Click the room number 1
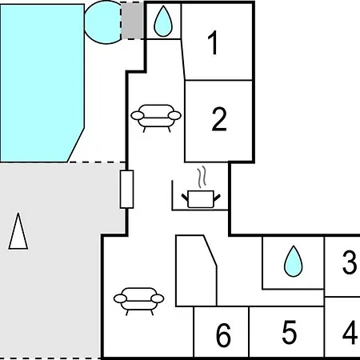[x=213, y=42]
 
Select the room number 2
[x=219, y=119]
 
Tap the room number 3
[x=350, y=262]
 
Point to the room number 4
[x=350, y=332]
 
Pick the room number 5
[x=290, y=332]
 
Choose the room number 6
[x=223, y=335]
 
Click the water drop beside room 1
[x=163, y=21]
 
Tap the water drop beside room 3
[x=294, y=261]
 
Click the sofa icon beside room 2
[x=156, y=118]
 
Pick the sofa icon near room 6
[x=138, y=302]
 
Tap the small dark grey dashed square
[x=132, y=21]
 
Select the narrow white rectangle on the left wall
[x=126, y=189]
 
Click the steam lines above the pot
[x=202, y=177]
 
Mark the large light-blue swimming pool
[x=42, y=83]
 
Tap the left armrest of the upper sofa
[x=138, y=115]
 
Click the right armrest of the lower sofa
[x=158, y=298]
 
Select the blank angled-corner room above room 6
[x=196, y=270]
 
